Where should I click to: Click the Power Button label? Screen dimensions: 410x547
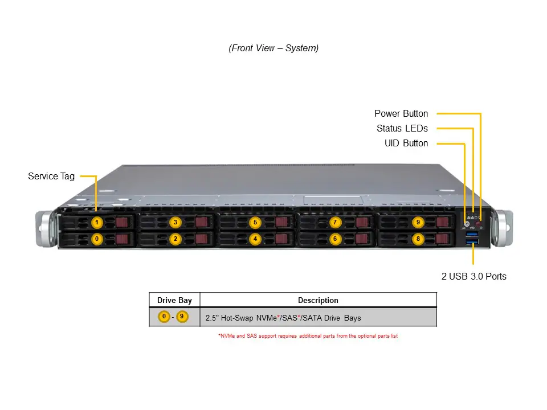point(401,114)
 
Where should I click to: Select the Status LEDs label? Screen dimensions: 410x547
point(402,129)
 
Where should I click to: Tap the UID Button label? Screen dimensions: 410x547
point(406,143)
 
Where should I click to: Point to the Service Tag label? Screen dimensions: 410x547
point(51,177)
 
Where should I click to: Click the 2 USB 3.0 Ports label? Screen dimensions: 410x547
point(473,277)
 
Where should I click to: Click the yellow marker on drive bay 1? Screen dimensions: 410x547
point(97,222)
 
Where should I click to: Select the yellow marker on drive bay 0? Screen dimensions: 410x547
point(97,239)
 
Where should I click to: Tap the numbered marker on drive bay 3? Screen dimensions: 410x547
point(175,222)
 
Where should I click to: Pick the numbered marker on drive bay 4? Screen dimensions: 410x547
point(255,239)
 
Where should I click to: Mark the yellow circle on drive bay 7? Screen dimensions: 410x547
point(335,222)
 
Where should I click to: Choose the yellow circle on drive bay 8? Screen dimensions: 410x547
point(418,239)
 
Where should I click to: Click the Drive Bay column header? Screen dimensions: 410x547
point(174,300)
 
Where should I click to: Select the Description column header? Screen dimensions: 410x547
point(318,300)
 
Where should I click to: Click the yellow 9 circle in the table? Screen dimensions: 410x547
point(182,317)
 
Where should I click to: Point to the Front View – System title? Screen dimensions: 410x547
point(273,48)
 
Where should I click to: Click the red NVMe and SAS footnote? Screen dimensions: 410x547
point(308,336)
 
